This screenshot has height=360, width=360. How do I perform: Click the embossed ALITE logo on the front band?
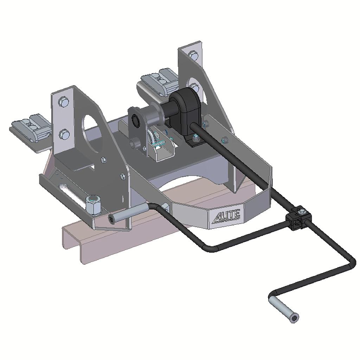coord(226,216)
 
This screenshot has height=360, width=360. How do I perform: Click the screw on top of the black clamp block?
coord(302,211)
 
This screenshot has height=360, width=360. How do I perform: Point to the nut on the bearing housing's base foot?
coord(195,140)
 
